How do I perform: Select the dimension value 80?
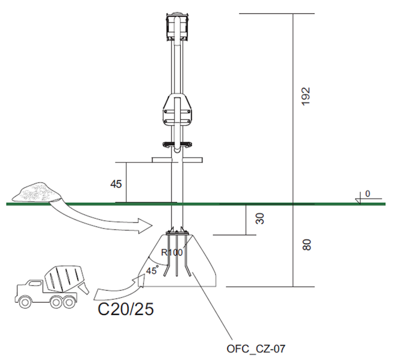click(307, 245)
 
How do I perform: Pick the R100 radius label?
click(172, 252)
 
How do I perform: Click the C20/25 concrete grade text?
click(125, 309)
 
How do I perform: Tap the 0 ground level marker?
click(367, 194)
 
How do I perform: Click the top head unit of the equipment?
click(177, 27)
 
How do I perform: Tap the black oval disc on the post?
click(177, 145)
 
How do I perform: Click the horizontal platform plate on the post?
click(177, 160)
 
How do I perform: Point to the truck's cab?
click(27, 288)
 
